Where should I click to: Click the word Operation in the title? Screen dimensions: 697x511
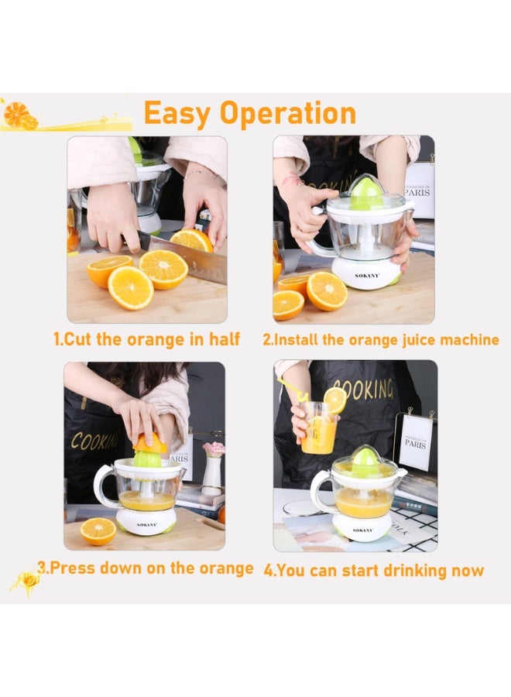pyautogui.click(x=288, y=114)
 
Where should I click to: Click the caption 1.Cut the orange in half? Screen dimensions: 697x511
pyautogui.click(x=146, y=339)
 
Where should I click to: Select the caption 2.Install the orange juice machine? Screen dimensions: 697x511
pyautogui.click(x=380, y=339)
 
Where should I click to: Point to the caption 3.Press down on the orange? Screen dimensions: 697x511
pyautogui.click(x=146, y=568)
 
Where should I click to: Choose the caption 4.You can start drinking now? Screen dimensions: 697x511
pyautogui.click(x=373, y=571)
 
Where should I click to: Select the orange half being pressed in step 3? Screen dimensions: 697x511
pyautogui.click(x=151, y=443)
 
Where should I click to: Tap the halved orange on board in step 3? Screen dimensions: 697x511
pyautogui.click(x=98, y=530)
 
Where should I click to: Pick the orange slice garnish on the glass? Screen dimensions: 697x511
pyautogui.click(x=335, y=400)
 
